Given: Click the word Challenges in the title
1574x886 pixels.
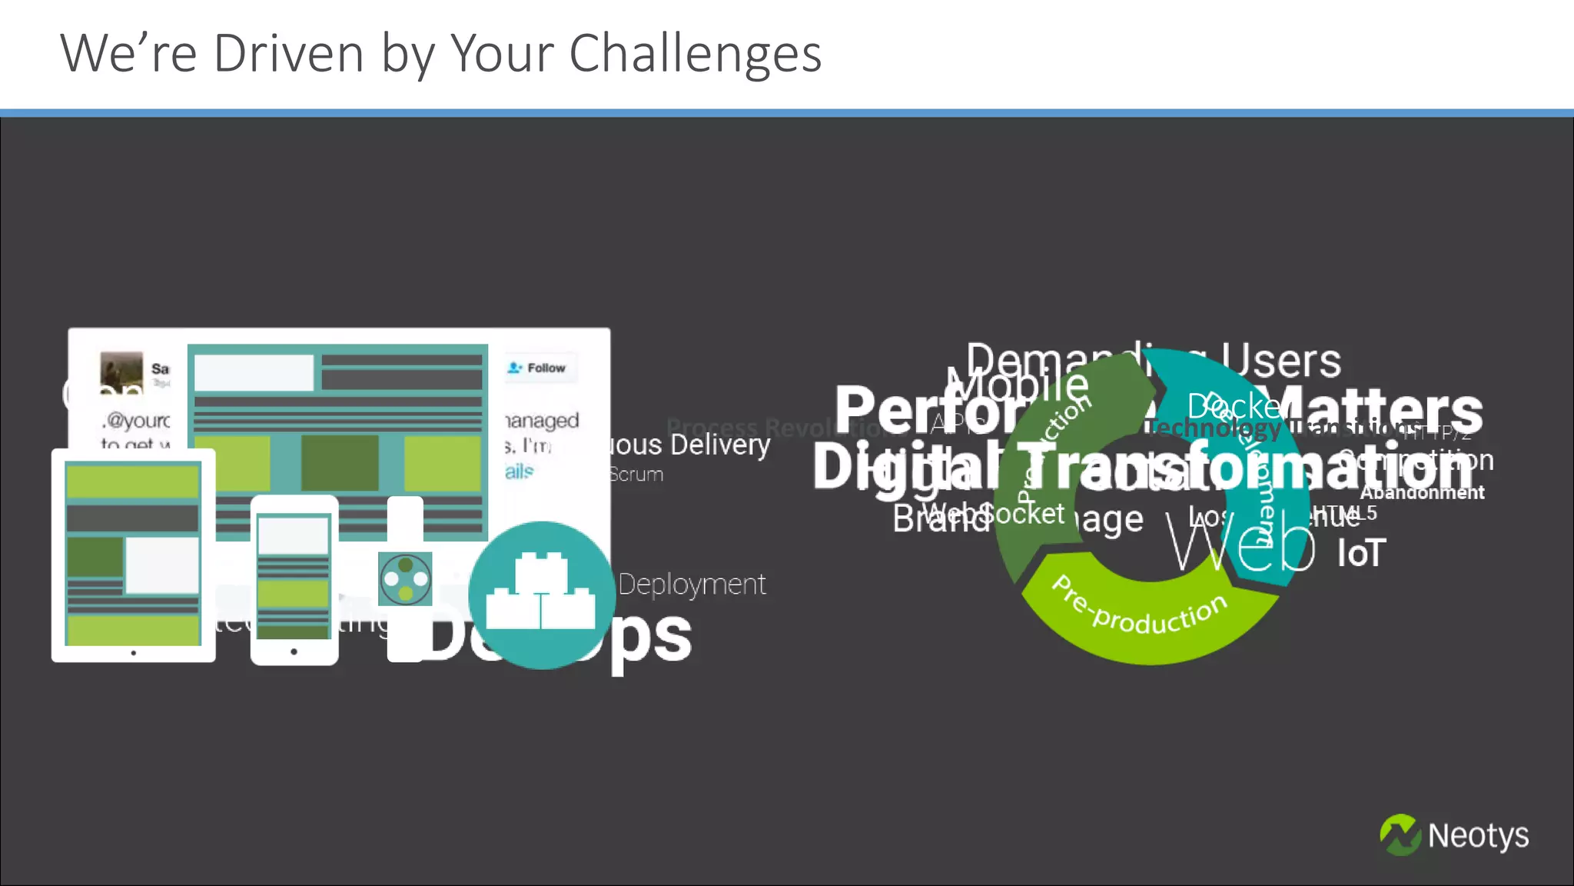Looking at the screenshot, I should tap(695, 54).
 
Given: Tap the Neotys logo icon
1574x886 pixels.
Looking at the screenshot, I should tap(1400, 835).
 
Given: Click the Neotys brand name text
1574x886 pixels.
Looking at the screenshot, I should tap(1478, 835).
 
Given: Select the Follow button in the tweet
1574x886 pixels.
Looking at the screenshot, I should tap(538, 368).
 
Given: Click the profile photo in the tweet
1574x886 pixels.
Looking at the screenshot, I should tap(121, 372).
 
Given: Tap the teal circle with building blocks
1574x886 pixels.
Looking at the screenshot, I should tap(541, 595).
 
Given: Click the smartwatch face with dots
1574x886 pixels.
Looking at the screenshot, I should tap(405, 578).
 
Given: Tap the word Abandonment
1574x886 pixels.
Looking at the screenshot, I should tap(1422, 493).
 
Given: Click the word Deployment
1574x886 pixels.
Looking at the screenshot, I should tap(692, 585).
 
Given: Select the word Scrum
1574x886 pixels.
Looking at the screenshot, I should tap(636, 475).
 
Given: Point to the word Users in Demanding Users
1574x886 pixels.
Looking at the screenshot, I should tap(1281, 361).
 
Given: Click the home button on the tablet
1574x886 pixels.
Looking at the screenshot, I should tap(133, 652).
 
